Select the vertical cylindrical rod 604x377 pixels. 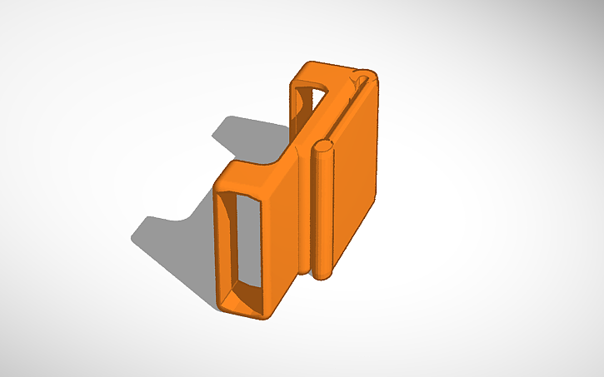(x=323, y=208)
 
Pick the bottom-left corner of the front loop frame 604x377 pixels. (x=222, y=301)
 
